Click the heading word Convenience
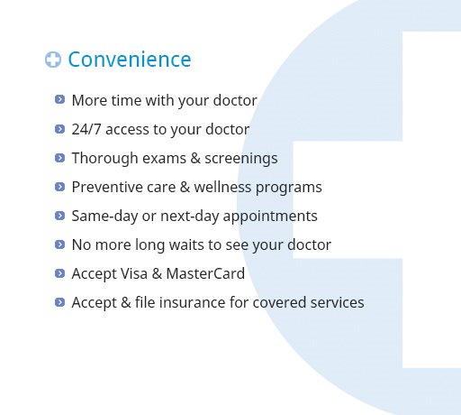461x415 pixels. pyautogui.click(x=130, y=60)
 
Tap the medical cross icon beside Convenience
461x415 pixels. pyautogui.click(x=53, y=60)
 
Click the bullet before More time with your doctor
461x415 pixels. pyautogui.click(x=59, y=99)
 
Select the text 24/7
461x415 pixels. pyautogui.click(x=86, y=129)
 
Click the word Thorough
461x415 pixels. pyautogui.click(x=104, y=159)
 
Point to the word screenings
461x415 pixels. pyautogui.click(x=241, y=159)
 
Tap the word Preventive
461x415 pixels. pyautogui.click(x=106, y=187)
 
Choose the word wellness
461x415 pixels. pyautogui.click(x=222, y=187)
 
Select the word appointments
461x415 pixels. pyautogui.click(x=270, y=217)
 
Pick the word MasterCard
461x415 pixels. pyautogui.click(x=205, y=273)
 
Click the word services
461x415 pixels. pyautogui.click(x=337, y=302)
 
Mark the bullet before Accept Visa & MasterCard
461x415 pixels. pyautogui.click(x=59, y=273)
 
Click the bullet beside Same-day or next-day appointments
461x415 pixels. pyautogui.click(x=59, y=216)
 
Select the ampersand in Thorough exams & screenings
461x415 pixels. pyautogui.click(x=195, y=158)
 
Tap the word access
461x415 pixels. pyautogui.click(x=127, y=130)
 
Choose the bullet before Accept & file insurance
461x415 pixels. pyautogui.click(x=59, y=302)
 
